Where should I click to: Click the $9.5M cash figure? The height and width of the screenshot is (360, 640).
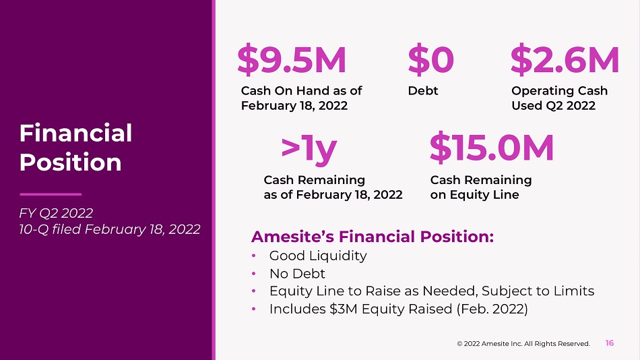[292, 60]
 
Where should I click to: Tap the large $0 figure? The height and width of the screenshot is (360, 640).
[430, 60]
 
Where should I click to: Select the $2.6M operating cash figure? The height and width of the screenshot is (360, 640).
[565, 60]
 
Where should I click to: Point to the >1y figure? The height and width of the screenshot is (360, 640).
[309, 150]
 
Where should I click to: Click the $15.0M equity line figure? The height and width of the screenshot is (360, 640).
[492, 148]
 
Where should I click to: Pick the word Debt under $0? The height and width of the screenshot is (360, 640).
[423, 91]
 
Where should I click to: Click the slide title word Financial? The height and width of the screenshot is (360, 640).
[75, 133]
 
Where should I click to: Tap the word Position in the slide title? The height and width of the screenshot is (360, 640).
[70, 162]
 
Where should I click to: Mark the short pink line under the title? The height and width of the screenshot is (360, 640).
[51, 194]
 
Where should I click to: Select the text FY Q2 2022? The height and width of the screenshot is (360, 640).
[56, 213]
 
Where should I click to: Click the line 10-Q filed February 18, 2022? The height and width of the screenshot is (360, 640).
[109, 229]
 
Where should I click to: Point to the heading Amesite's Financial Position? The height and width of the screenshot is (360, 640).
[373, 237]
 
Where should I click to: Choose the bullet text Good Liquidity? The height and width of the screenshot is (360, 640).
[318, 256]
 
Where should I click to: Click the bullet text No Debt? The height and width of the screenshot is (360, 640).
[297, 274]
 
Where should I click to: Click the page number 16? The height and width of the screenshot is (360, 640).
[610, 343]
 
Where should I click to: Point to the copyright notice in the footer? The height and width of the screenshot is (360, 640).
[523, 344]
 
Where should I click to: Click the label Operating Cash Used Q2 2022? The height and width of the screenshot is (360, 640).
[559, 98]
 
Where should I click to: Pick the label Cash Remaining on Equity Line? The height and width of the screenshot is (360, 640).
[481, 187]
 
